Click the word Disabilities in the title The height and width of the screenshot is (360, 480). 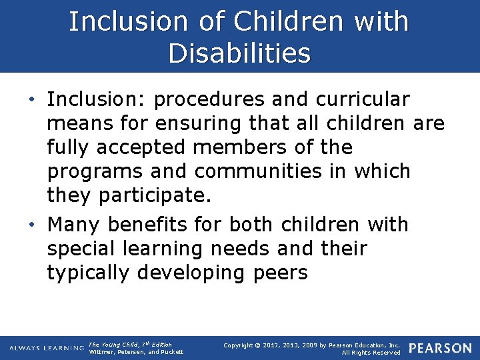pos(239,53)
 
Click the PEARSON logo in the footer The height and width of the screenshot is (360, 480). pos(440,348)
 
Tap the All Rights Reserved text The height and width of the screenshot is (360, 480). pos(371,352)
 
